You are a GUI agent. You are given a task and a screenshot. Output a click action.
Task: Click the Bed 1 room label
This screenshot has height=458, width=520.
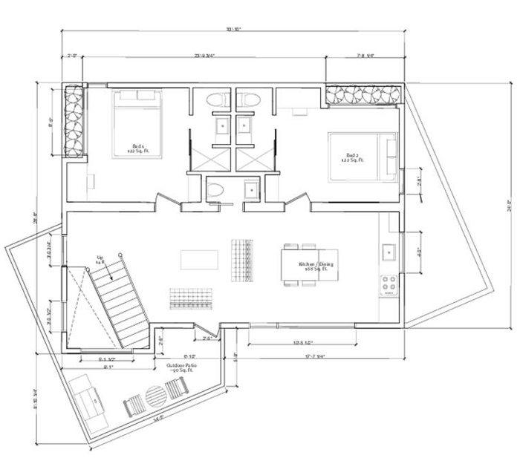pyautogui.click(x=137, y=148)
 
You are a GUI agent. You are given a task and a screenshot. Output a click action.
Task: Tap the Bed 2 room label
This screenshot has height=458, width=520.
pyautogui.click(x=350, y=157)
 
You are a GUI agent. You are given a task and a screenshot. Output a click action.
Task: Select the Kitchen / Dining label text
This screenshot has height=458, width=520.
pyautogui.click(x=315, y=266)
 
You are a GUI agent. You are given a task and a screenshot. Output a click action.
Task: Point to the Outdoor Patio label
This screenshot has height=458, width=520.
pyautogui.click(x=181, y=368)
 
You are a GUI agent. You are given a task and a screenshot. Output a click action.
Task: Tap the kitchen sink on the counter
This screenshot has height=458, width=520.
pyautogui.click(x=388, y=253)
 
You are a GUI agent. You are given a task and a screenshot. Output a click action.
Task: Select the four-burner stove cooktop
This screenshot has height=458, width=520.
pyautogui.click(x=388, y=284)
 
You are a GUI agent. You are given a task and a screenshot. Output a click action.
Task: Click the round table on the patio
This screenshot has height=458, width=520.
pyautogui.click(x=156, y=396)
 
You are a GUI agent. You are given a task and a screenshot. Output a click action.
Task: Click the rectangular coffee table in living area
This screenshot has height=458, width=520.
pyautogui.click(x=199, y=259)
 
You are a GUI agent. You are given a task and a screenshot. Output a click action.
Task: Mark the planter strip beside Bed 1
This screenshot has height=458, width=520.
pyautogui.click(x=75, y=121)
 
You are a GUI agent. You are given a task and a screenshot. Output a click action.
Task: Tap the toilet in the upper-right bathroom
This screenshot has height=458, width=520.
pyautogui.click(x=249, y=99)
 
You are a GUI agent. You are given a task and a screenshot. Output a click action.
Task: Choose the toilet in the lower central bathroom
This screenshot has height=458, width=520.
pyautogui.click(x=215, y=189)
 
